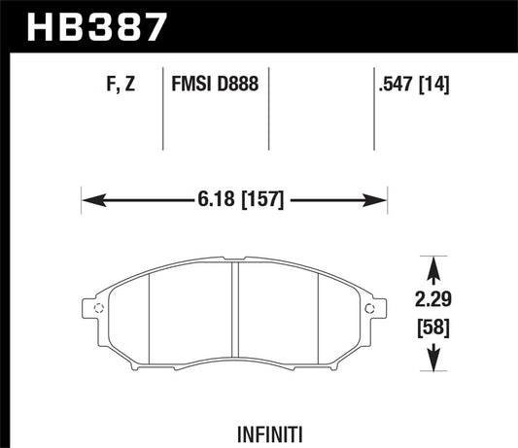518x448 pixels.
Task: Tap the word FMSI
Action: (193, 85)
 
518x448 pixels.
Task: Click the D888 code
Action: (237, 85)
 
